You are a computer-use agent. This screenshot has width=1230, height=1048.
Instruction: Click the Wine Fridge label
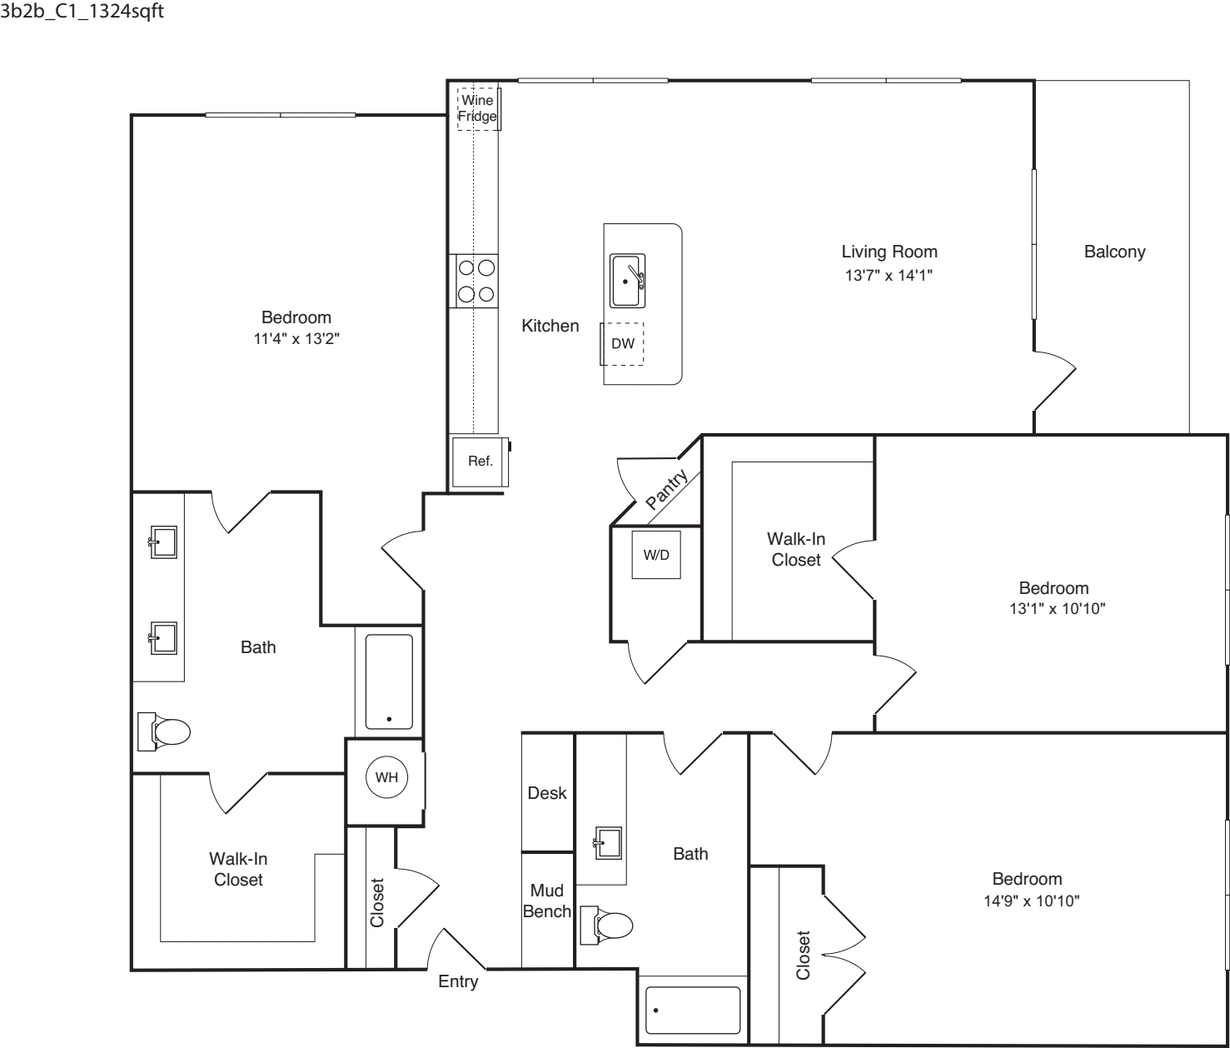coord(477,108)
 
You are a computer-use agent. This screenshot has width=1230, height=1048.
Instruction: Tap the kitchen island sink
coord(627,281)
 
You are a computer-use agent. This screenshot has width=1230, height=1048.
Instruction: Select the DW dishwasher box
coord(622,343)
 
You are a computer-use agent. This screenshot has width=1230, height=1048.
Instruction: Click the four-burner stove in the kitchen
coord(474,281)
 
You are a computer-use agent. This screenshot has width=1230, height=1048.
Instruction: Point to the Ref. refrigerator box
coord(481,462)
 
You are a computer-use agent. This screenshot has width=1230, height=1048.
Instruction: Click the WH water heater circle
coord(386,777)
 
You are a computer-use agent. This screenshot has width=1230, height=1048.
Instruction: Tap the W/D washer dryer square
coord(656,555)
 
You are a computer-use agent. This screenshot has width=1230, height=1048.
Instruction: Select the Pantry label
coord(666,490)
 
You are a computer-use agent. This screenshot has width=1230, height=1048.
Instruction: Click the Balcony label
coord(1114,252)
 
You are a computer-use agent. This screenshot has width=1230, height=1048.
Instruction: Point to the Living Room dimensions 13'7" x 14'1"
coord(889,275)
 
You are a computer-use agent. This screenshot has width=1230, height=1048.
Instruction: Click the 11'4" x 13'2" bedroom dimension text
coord(296,339)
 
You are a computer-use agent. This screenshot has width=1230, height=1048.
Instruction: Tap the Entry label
coord(458,981)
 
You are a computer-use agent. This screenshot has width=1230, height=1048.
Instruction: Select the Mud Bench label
coord(547,901)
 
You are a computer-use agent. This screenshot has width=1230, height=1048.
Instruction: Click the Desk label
coord(547,793)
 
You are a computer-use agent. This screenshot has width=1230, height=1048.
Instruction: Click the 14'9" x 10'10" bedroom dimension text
coord(1031,901)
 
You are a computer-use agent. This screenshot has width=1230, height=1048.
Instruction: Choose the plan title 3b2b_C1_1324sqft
coord(82,12)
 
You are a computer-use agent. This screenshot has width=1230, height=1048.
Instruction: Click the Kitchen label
coord(550,326)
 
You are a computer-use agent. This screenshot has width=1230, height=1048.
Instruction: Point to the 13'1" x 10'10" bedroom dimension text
coord(1058,608)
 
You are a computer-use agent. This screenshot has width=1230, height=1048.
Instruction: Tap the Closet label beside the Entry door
coord(377,903)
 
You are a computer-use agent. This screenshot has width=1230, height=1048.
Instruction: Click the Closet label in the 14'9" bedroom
coord(804,955)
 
